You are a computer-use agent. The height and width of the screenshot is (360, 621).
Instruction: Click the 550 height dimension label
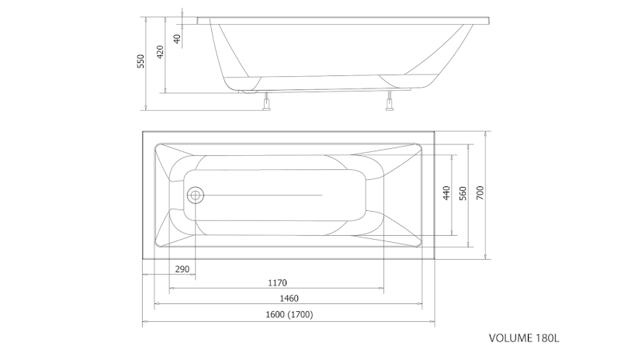click(141, 61)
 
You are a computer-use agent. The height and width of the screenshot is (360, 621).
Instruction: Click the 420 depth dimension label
click(160, 52)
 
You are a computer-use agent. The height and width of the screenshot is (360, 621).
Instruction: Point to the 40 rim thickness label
click(177, 39)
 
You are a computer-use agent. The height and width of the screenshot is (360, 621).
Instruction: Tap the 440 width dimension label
click(446, 193)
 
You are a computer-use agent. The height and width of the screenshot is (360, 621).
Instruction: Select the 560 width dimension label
click(463, 193)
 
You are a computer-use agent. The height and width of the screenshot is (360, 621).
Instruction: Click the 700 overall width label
click(480, 193)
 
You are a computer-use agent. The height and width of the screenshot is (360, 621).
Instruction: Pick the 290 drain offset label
click(182, 269)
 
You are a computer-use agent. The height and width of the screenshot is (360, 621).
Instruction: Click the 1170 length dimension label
click(277, 282)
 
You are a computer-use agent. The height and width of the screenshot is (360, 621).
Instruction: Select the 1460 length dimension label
click(289, 298)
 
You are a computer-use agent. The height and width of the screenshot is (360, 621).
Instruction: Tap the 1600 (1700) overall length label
click(289, 314)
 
